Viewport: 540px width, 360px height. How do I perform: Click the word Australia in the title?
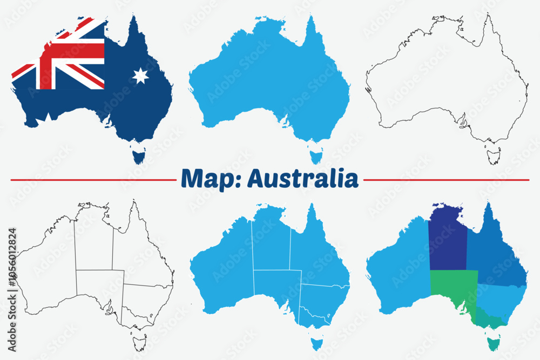coord(302,179)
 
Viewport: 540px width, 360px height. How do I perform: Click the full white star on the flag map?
coord(140,76)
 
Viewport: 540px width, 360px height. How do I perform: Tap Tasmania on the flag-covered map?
coord(139,155)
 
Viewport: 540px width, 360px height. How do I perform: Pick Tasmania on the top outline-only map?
coord(493,156)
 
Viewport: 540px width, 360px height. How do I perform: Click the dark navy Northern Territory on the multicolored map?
coord(448,240)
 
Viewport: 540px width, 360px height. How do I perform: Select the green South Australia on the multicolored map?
coord(453,289)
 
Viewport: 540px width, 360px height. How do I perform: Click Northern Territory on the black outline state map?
coord(94,240)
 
